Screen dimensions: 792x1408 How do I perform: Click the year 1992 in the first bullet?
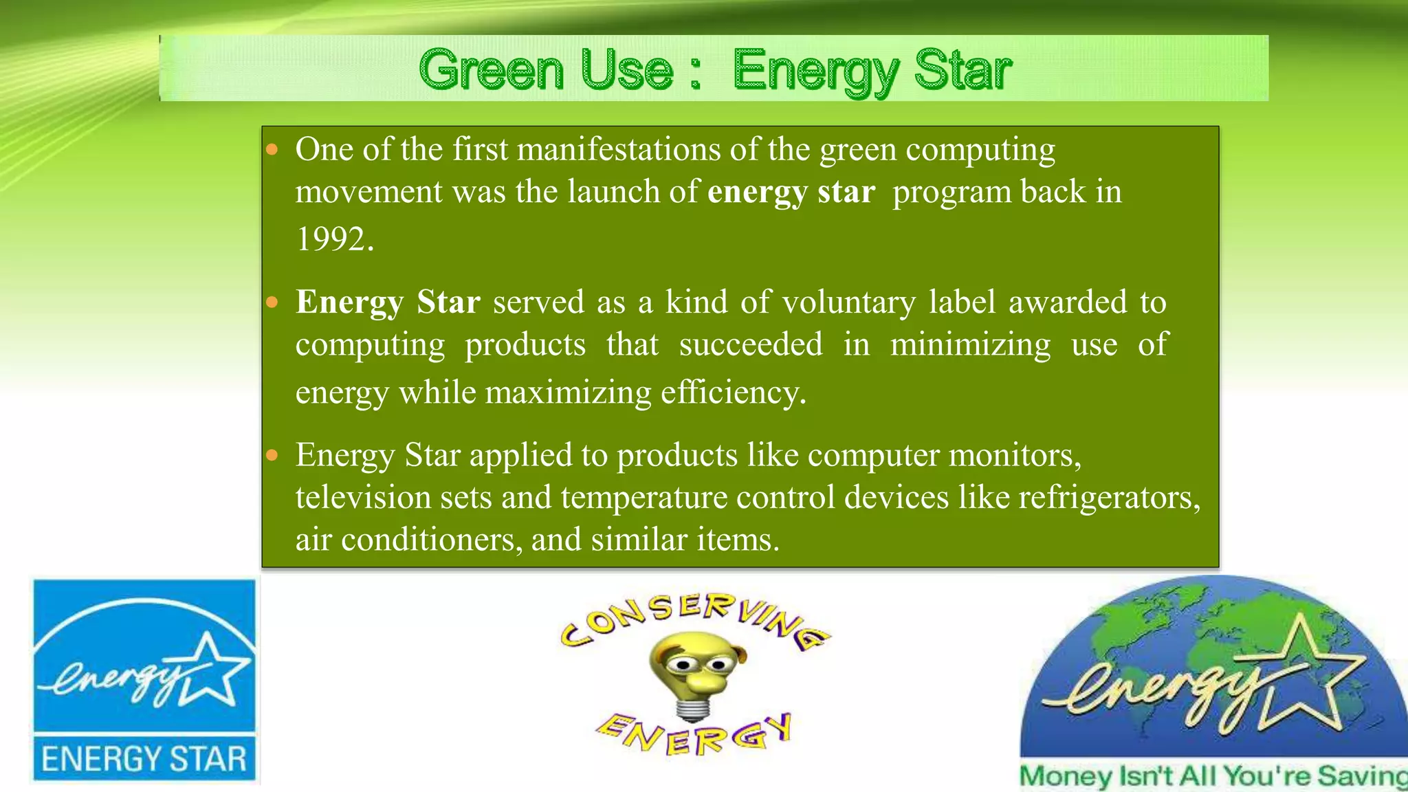click(334, 240)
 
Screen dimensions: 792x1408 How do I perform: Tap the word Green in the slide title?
click(491, 70)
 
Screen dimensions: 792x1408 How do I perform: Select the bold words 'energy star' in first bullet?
click(791, 192)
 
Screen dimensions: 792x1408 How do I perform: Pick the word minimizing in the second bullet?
click(970, 344)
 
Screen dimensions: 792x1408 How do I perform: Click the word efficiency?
click(733, 393)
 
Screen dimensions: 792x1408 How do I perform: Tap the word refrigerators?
click(1109, 498)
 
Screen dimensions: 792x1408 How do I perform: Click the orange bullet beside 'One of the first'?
click(272, 149)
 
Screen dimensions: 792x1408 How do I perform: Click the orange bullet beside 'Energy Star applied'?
click(272, 455)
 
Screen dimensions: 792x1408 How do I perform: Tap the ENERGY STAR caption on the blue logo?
click(144, 760)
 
